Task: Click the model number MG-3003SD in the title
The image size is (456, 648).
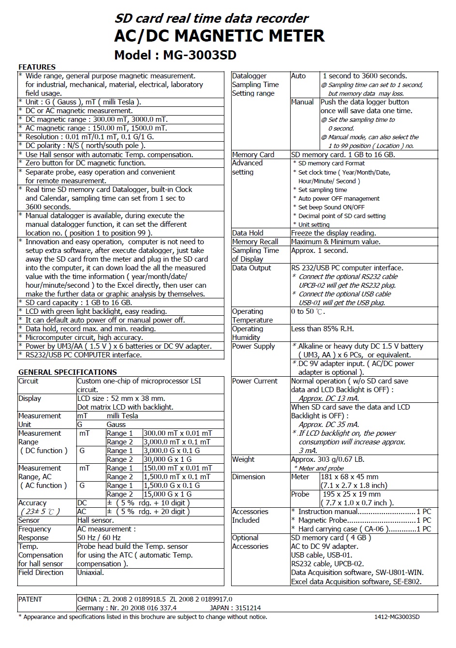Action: [199, 55]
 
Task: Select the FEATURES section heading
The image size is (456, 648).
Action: [37, 67]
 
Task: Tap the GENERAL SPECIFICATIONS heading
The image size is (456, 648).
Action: [67, 372]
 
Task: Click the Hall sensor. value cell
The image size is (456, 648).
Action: [95, 520]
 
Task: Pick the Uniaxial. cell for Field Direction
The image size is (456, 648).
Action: [90, 573]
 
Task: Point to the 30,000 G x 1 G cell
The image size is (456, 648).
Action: [167, 459]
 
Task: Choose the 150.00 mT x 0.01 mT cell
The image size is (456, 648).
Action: [177, 468]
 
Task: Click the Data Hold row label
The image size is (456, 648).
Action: [248, 233]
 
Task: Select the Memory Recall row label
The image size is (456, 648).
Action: [255, 242]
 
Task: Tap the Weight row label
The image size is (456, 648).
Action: [243, 459]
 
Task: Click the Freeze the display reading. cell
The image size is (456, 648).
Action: [333, 233]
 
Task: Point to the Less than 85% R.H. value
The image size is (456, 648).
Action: [322, 329]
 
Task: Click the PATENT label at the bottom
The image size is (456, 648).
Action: [30, 599]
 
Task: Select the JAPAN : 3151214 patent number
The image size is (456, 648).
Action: [235, 608]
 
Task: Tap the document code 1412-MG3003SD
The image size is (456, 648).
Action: [397, 617]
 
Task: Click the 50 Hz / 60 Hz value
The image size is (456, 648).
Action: [99, 538]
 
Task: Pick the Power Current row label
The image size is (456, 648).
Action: [254, 381]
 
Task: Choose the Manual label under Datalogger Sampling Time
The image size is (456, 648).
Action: [302, 102]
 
